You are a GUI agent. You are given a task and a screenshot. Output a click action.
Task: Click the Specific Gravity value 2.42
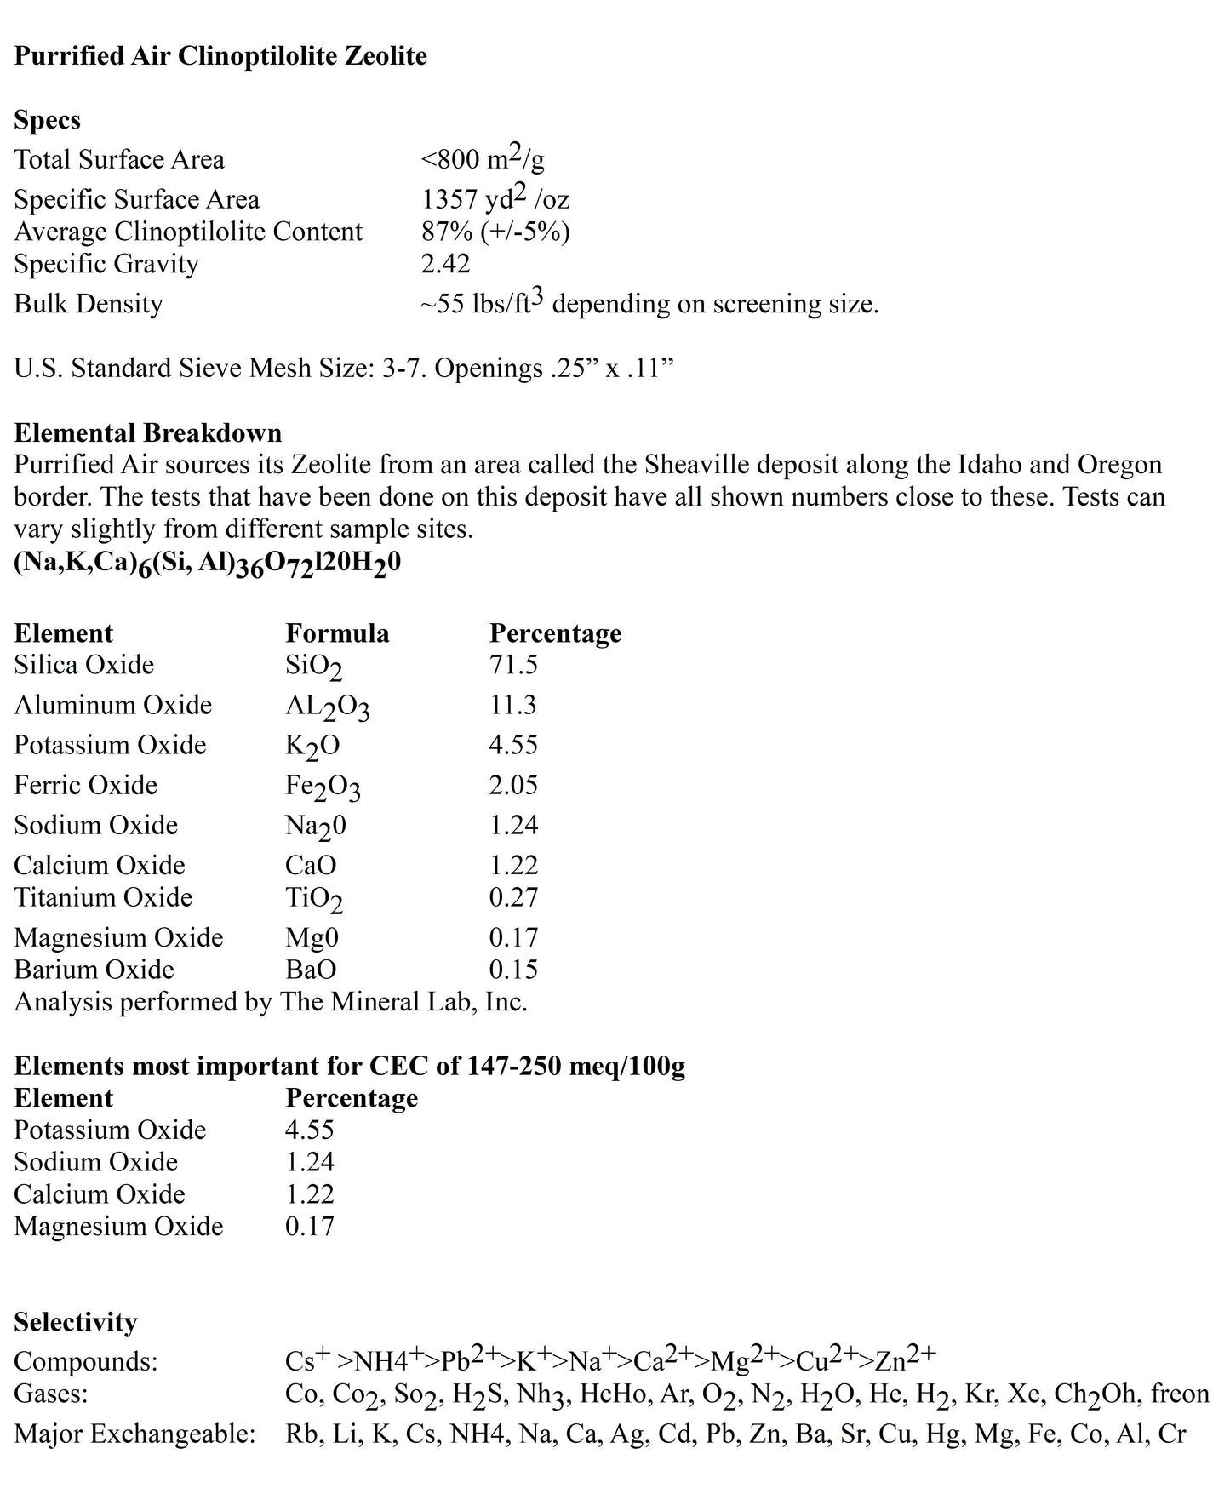pos(445,264)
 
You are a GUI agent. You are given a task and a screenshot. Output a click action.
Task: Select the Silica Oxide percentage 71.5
pos(512,665)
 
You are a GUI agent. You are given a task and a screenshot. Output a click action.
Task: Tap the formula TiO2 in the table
pos(313,899)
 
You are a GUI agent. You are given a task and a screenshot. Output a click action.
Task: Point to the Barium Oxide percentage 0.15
pos(512,970)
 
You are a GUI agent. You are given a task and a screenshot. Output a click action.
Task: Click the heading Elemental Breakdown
pos(147,432)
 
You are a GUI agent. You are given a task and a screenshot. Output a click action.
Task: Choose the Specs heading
pos(47,120)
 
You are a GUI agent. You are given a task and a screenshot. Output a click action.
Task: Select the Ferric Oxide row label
pos(85,785)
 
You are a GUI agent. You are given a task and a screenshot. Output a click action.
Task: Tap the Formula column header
pos(337,633)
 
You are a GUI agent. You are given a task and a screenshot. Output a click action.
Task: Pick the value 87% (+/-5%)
pos(495,232)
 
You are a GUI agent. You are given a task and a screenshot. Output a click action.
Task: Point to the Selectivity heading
pos(75,1322)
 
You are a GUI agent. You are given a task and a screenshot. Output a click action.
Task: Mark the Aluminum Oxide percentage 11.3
pos(512,705)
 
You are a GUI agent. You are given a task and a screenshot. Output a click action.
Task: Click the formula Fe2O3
pos(323,787)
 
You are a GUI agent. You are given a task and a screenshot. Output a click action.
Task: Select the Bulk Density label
pos(88,304)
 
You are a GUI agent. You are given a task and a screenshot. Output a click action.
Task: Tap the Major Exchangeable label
pos(134,1434)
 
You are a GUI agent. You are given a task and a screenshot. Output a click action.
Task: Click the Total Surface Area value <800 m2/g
pos(483,159)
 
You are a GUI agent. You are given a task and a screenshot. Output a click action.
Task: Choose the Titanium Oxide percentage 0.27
pos(512,897)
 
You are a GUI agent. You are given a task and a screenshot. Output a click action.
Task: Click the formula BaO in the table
pos(311,970)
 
